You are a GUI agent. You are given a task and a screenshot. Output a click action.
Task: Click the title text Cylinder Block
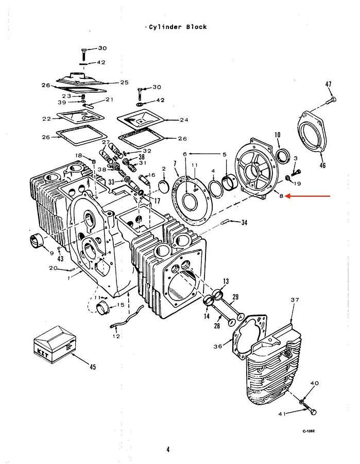[178, 27]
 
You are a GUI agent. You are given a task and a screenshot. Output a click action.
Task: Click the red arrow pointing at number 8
[309, 196]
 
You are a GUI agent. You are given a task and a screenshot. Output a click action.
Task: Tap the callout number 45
[93, 367]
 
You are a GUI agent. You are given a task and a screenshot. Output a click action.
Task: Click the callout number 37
[295, 300]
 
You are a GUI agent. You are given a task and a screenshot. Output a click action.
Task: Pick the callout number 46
[323, 165]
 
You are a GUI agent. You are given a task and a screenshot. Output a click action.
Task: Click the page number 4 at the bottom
[168, 450]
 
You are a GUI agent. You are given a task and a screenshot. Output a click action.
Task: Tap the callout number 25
[124, 82]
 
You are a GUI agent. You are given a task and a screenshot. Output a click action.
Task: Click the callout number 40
[315, 384]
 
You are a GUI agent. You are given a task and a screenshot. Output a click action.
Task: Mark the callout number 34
[244, 223]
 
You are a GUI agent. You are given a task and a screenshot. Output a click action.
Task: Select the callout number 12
[116, 336]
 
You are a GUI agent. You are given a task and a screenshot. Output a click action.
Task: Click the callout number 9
[52, 253]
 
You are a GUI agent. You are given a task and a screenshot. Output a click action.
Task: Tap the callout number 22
[46, 119]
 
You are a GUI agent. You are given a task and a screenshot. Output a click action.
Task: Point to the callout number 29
[235, 297]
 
